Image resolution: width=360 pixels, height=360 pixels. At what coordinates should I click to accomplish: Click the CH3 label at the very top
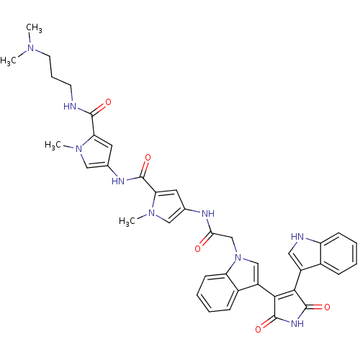coord(34,28)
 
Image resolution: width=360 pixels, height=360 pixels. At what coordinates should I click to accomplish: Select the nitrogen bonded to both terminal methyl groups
coord(30,48)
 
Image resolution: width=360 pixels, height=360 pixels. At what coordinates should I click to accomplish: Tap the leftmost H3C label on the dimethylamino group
coord(8,61)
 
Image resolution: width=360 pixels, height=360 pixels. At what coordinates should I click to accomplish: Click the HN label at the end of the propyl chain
coord(70,106)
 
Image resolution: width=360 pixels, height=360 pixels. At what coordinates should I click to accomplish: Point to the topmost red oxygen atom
coord(108,102)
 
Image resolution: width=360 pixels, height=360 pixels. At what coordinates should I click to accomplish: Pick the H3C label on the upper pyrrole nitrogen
coord(53,145)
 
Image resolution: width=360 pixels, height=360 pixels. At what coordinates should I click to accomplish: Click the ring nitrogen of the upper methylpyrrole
coord(78,149)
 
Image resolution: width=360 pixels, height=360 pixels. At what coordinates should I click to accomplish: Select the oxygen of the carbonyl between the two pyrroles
coord(148,158)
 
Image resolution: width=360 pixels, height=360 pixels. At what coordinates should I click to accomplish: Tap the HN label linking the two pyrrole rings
coord(118,181)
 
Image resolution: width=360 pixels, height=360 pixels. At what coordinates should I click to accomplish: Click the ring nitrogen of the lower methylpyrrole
coord(151,212)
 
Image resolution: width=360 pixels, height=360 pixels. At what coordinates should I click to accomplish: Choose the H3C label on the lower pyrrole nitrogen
coord(127,221)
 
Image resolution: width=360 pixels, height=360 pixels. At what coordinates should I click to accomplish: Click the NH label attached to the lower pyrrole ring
coord(208,213)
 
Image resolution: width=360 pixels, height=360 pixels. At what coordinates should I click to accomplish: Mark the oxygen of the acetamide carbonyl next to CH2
coord(197,248)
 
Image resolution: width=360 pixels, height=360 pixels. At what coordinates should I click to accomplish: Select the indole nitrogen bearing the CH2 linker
coord(238,258)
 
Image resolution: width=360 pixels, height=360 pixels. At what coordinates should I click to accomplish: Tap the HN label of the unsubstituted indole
coord(297,237)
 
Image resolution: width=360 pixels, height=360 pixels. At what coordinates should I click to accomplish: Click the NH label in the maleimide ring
coord(297,324)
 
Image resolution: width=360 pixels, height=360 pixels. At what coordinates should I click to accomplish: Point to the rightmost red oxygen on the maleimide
coord(327,307)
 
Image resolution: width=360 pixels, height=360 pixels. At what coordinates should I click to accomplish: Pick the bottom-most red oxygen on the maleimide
coord(258,329)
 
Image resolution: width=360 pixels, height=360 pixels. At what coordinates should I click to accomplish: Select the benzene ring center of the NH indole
coord(339,253)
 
